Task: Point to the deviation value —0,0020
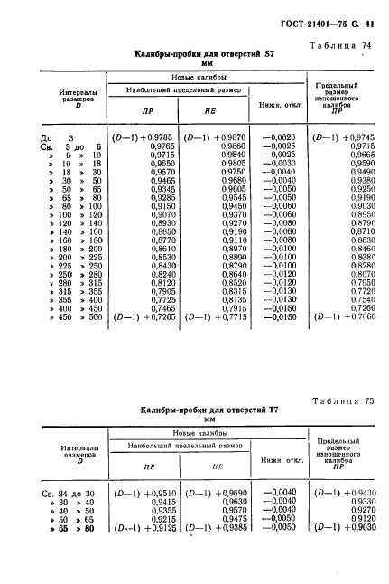tap(279, 137)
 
